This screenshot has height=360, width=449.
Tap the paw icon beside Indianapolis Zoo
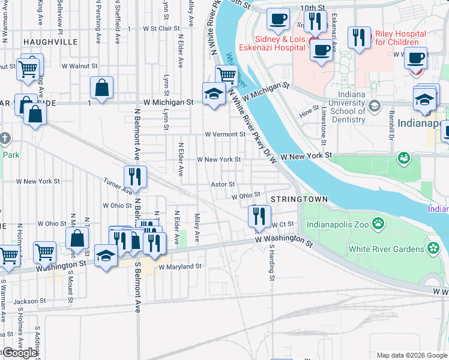[378, 224]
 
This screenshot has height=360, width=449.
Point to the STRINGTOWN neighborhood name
[298, 199]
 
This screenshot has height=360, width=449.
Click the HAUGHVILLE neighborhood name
[50, 42]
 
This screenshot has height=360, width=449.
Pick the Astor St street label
[222, 185]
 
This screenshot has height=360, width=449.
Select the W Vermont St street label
[225, 134]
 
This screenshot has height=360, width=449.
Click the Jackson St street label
[30, 301]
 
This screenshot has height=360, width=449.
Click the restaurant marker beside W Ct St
[259, 216]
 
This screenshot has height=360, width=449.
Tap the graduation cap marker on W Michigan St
[213, 94]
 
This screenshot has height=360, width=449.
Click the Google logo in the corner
[19, 353]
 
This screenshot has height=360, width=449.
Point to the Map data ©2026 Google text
[411, 355]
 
